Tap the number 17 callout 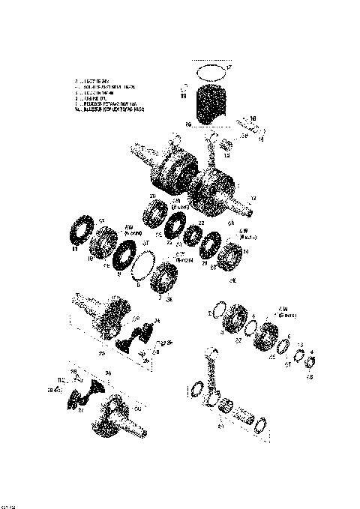(229, 68)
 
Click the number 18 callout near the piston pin (253, 118)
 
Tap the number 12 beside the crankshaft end (253, 198)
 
